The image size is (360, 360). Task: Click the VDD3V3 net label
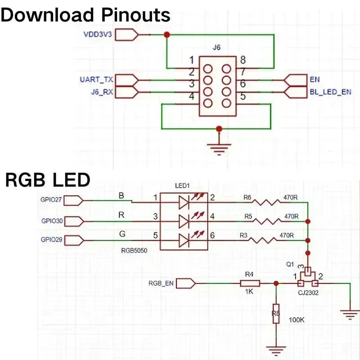pos(97,34)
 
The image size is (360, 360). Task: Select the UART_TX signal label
pos(96,80)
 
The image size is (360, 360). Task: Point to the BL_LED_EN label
pos(331,92)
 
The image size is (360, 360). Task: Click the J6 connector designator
pos(217,47)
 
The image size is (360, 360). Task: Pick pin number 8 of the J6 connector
pos(243,60)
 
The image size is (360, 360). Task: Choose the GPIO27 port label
pos(51,200)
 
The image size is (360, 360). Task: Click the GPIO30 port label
pos(51,221)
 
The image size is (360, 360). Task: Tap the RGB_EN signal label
pos(161,283)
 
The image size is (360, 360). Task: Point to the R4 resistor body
pos(250,283)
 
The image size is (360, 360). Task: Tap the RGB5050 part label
pos(134,250)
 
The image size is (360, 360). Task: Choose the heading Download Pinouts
pos(85,15)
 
